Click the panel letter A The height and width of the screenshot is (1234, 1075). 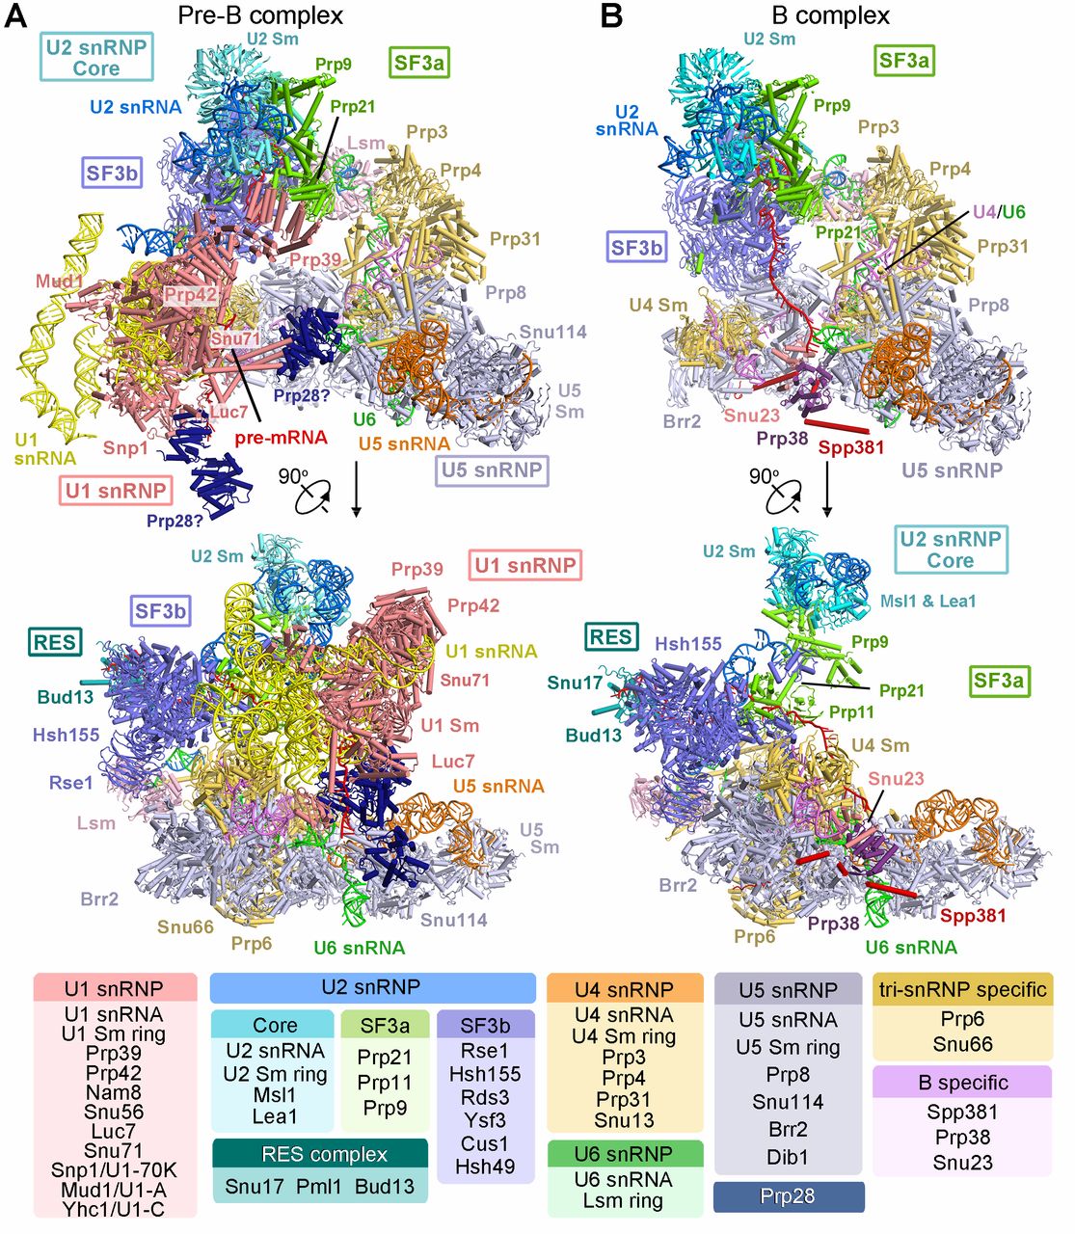(15, 16)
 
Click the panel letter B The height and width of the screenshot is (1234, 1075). (611, 16)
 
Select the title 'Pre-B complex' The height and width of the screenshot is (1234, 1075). (260, 15)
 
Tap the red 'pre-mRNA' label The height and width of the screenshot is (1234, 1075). (280, 438)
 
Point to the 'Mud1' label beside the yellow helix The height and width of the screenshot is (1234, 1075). (60, 282)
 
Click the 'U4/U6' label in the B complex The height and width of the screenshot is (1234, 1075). (999, 212)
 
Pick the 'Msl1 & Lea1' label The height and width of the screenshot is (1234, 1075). (927, 601)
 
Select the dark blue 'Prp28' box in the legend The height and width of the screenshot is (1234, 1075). (788, 1196)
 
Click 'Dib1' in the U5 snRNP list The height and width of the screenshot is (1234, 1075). (788, 1156)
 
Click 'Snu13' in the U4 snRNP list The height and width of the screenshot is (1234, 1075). (624, 1119)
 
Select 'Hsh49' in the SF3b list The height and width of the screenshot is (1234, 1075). (484, 1166)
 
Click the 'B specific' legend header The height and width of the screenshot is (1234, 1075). (961, 1082)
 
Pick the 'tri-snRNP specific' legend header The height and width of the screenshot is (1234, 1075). (961, 989)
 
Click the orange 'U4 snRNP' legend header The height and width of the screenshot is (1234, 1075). (624, 989)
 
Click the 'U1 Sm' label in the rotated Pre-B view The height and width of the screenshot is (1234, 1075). (449, 725)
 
